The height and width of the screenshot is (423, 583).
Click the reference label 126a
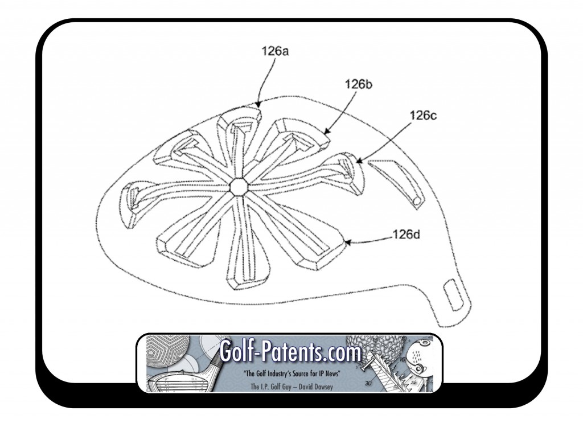tap(275, 51)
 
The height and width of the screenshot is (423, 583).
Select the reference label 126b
tap(358, 84)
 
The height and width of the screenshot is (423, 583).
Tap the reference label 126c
tap(423, 116)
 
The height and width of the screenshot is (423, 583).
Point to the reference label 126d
tap(407, 235)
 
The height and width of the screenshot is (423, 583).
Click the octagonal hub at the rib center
tap(239, 186)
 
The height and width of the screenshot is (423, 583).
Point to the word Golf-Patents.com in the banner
tap(290, 351)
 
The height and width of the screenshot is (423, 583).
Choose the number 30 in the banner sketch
tap(368, 383)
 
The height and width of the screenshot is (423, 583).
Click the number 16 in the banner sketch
tap(403, 359)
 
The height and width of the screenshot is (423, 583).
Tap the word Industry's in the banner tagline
tap(280, 373)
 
